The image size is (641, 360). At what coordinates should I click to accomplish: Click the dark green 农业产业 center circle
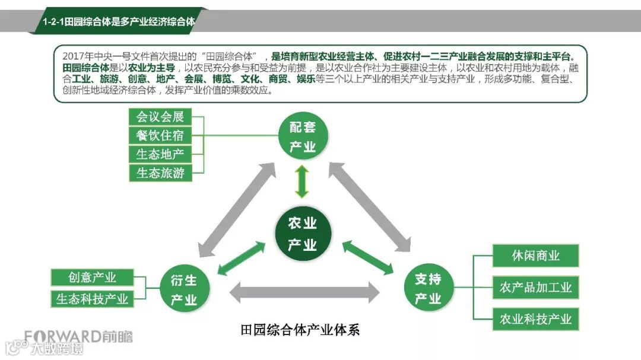tap(302, 234)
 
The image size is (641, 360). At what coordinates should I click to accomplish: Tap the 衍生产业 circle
tap(184, 289)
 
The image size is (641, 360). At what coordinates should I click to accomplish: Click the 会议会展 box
tap(160, 117)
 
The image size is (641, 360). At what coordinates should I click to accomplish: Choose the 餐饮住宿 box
tap(160, 136)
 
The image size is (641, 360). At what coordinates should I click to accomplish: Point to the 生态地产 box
tap(160, 155)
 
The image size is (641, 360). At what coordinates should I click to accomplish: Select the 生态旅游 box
tap(160, 174)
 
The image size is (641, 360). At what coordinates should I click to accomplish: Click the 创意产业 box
tap(92, 278)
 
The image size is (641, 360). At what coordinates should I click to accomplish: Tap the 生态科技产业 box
tap(92, 298)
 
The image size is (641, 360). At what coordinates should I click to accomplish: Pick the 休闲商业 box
tap(535, 256)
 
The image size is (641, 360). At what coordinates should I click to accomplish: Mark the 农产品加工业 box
tap(535, 288)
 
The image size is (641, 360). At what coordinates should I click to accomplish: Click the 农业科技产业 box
tap(535, 320)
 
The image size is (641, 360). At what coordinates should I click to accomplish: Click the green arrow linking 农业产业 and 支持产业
tap(368, 257)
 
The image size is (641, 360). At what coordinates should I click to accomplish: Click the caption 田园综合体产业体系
tap(301, 330)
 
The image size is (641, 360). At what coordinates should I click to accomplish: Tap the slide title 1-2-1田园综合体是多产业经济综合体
tap(119, 22)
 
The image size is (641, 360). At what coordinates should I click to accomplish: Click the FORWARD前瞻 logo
tap(78, 337)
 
